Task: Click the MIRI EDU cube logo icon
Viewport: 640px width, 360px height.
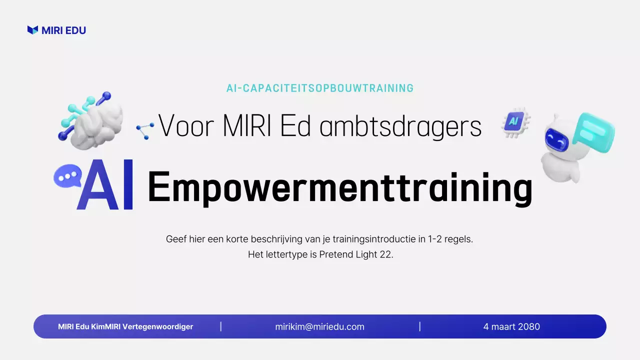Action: pyautogui.click(x=32, y=30)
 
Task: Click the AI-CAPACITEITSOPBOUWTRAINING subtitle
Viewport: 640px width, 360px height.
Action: pyautogui.click(x=320, y=88)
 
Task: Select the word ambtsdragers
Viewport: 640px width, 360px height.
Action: pyautogui.click(x=400, y=127)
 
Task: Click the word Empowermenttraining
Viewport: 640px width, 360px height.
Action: pyautogui.click(x=340, y=187)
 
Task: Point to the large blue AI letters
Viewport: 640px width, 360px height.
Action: pyautogui.click(x=105, y=185)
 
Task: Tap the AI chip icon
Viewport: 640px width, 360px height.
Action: pyautogui.click(x=514, y=121)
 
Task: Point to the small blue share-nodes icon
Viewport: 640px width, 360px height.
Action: pyautogui.click(x=145, y=130)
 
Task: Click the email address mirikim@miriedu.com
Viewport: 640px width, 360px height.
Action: pyautogui.click(x=319, y=327)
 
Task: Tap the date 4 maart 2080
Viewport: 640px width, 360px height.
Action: pyautogui.click(x=511, y=327)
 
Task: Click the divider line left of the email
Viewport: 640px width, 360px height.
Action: pyautogui.click(x=221, y=327)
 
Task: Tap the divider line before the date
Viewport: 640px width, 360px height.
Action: pyautogui.click(x=420, y=327)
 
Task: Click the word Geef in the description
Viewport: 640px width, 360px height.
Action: pyautogui.click(x=174, y=239)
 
